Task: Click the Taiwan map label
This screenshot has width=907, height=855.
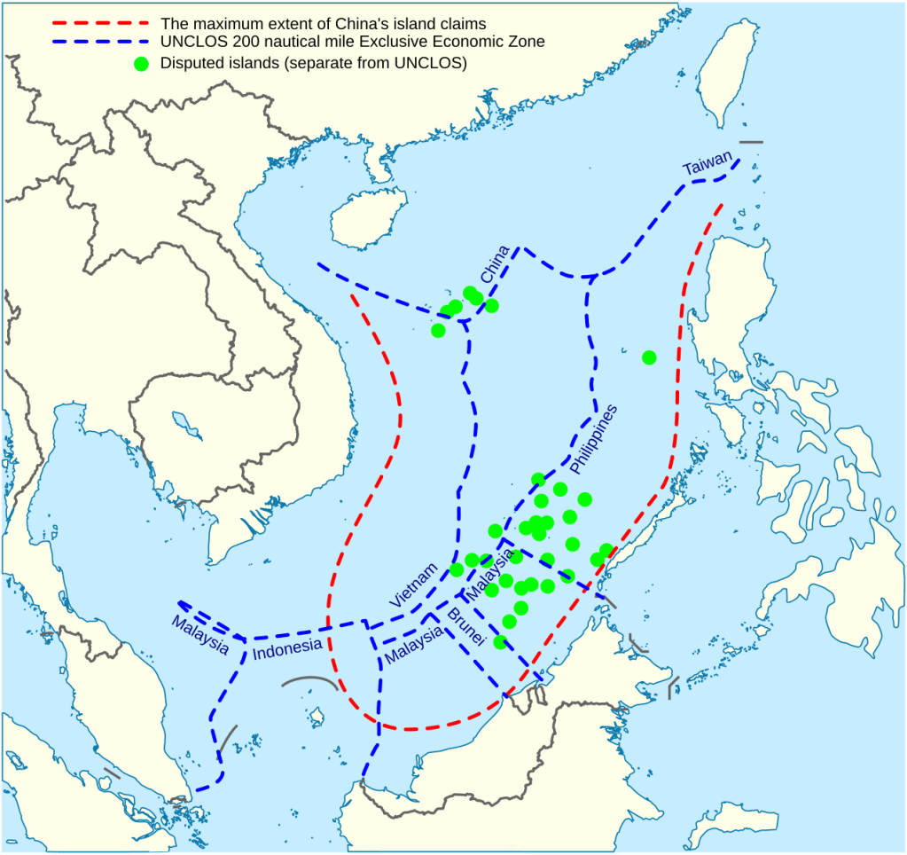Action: [708, 163]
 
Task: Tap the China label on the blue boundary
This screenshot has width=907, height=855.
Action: [494, 264]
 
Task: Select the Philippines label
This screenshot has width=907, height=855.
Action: [593, 438]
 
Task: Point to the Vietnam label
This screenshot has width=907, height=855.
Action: [414, 584]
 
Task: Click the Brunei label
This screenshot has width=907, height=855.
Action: [465, 629]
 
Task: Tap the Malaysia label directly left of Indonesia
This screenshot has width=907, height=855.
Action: [199, 633]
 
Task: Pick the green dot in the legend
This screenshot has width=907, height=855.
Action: [140, 63]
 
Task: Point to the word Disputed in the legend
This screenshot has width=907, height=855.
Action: [191, 63]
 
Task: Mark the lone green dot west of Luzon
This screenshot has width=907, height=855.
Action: [649, 357]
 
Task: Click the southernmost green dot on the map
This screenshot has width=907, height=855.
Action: [500, 642]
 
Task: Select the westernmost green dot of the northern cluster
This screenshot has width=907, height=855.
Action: [438, 330]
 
